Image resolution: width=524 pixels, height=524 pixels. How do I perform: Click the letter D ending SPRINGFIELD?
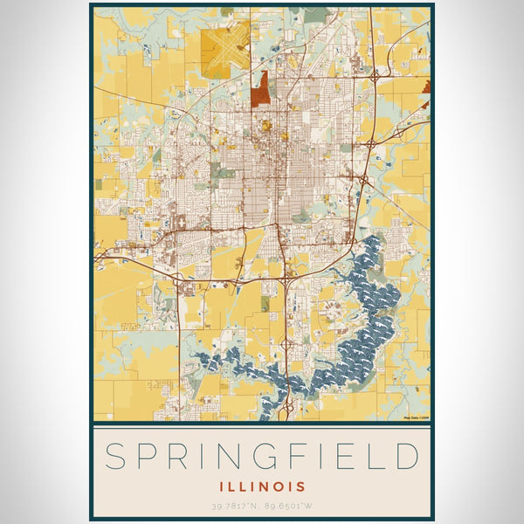coord(406,457)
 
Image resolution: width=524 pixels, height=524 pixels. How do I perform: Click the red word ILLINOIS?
coord(262,486)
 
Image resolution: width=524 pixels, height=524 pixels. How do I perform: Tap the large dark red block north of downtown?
coord(260,88)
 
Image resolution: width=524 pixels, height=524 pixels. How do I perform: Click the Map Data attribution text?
coord(417,417)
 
